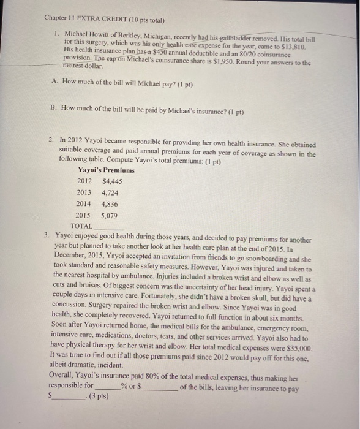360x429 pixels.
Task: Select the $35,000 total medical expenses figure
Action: [x=298, y=347]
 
